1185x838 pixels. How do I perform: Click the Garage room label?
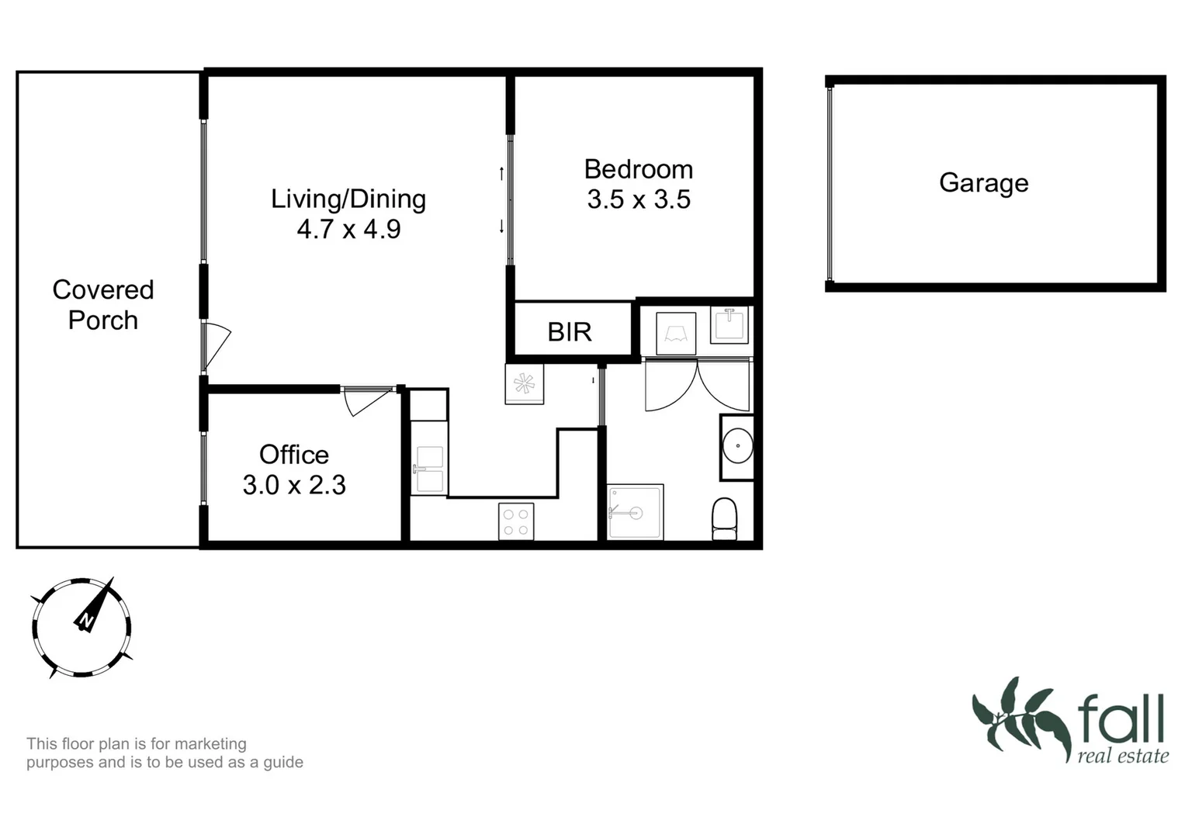pos(983,183)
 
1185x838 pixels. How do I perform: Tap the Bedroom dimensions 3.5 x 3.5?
pos(638,199)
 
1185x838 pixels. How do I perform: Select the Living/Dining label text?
pos(348,199)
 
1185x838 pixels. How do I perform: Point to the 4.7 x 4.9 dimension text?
pos(348,229)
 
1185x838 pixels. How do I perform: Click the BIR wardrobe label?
pos(570,332)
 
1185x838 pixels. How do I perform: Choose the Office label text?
pos(293,454)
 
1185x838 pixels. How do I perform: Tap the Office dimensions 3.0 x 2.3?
pos(293,485)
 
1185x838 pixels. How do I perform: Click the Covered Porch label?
pos(102,305)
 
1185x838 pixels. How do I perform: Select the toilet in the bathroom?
pos(724,518)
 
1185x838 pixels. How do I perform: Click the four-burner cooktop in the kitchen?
pos(516,521)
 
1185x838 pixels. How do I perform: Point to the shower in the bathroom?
pos(636,511)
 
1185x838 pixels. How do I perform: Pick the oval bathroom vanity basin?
pos(736,447)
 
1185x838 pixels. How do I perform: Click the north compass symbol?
pos(81,627)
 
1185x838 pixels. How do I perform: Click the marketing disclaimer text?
pos(165,753)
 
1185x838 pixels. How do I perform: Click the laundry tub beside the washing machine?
pos(729,324)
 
